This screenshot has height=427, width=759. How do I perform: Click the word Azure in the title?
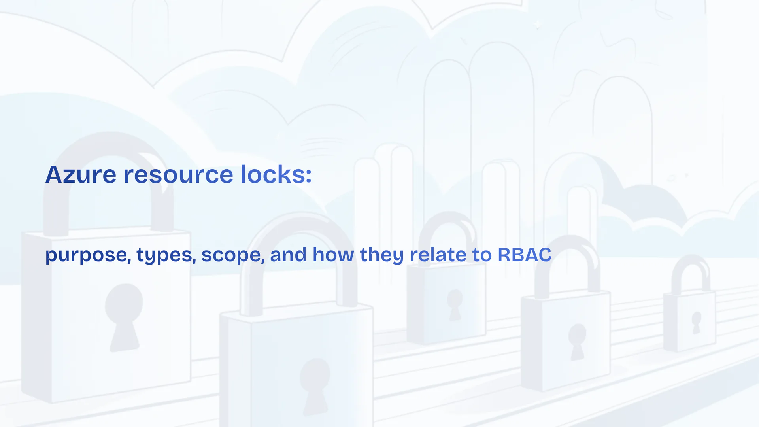(81, 174)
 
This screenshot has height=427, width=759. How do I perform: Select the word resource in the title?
(178, 175)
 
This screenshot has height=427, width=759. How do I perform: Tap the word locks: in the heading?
(276, 174)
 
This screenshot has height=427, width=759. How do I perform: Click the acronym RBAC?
(524, 255)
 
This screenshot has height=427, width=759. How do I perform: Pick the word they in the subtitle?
(382, 255)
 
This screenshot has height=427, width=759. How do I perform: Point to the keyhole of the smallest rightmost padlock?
(696, 322)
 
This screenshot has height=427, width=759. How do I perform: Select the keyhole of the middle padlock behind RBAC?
(455, 304)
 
